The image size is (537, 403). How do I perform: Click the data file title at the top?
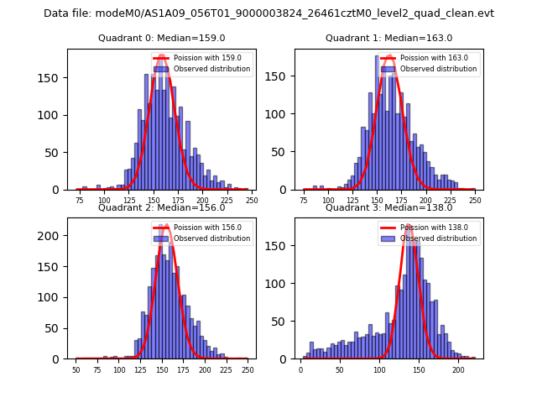(x=268, y=13)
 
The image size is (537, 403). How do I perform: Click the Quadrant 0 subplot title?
(x=162, y=38)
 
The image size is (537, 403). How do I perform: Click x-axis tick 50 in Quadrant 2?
(x=76, y=369)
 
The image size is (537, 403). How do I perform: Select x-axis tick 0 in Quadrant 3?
(x=300, y=369)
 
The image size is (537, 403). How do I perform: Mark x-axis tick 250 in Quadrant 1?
(x=475, y=201)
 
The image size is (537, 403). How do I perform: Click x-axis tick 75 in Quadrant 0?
(x=79, y=201)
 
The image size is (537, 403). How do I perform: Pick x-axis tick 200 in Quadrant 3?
(x=458, y=369)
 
